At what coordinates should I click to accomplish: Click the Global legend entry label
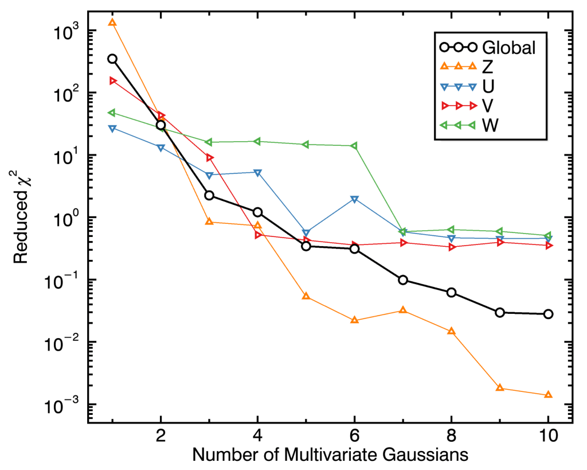pyautogui.click(x=509, y=48)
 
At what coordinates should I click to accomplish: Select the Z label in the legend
pyautogui.click(x=488, y=67)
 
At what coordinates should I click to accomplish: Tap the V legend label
pyautogui.click(x=489, y=106)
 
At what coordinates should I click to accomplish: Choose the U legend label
pyautogui.click(x=489, y=86)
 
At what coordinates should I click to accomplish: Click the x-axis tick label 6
pyautogui.click(x=355, y=436)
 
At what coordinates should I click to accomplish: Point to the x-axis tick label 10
pyautogui.click(x=548, y=436)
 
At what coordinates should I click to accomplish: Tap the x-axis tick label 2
pyautogui.click(x=161, y=436)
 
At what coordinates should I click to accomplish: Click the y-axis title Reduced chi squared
pyautogui.click(x=22, y=218)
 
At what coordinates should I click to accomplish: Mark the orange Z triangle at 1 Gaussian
pyautogui.click(x=112, y=22)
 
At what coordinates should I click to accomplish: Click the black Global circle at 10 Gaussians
pyautogui.click(x=549, y=314)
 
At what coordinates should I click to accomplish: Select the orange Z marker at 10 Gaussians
pyautogui.click(x=549, y=395)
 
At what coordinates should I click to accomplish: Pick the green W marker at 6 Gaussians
pyautogui.click(x=355, y=146)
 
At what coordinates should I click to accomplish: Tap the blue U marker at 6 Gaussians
pyautogui.click(x=355, y=200)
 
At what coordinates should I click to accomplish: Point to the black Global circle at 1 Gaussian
pyautogui.click(x=112, y=59)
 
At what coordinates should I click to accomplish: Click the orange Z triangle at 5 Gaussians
pyautogui.click(x=306, y=296)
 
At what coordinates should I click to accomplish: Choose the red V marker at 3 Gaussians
pyautogui.click(x=210, y=158)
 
